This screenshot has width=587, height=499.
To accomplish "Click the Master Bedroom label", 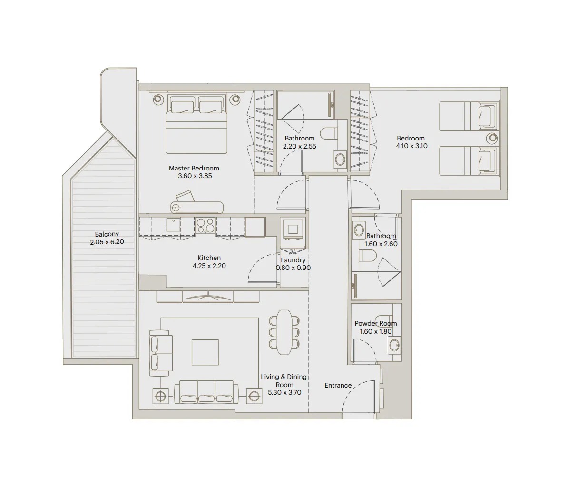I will click(x=194, y=168).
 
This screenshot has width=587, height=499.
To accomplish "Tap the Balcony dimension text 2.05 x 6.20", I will click(x=107, y=242).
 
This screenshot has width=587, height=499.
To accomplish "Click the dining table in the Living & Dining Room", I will click(x=284, y=332).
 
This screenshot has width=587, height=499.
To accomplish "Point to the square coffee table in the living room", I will click(x=205, y=352).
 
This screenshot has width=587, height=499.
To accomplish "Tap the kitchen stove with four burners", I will click(x=205, y=225).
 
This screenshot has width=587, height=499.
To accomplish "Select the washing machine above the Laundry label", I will click(x=293, y=229).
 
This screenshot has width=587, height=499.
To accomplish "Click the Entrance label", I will click(x=338, y=385).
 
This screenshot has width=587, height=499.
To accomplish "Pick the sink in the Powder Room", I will click(x=394, y=345).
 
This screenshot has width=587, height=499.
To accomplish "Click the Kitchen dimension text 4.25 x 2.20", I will click(x=209, y=266).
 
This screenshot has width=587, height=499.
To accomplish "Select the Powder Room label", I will click(x=375, y=323).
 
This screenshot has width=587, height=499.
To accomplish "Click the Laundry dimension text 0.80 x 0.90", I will click(x=293, y=268).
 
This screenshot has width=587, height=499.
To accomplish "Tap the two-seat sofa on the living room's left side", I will click(x=160, y=353).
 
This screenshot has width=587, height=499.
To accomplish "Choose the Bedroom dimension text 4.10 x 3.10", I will click(x=411, y=146).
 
